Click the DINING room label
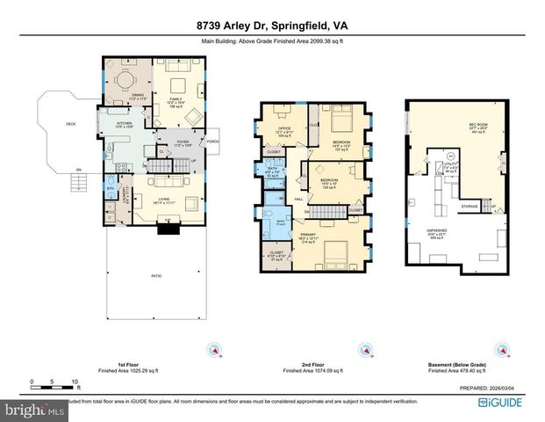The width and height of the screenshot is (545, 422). pyautogui.click(x=137, y=94)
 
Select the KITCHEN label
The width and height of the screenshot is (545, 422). pyautogui.click(x=124, y=124)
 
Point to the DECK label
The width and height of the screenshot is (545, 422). pyautogui.click(x=71, y=124)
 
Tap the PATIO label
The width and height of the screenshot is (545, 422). pyautogui.click(x=155, y=276)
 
